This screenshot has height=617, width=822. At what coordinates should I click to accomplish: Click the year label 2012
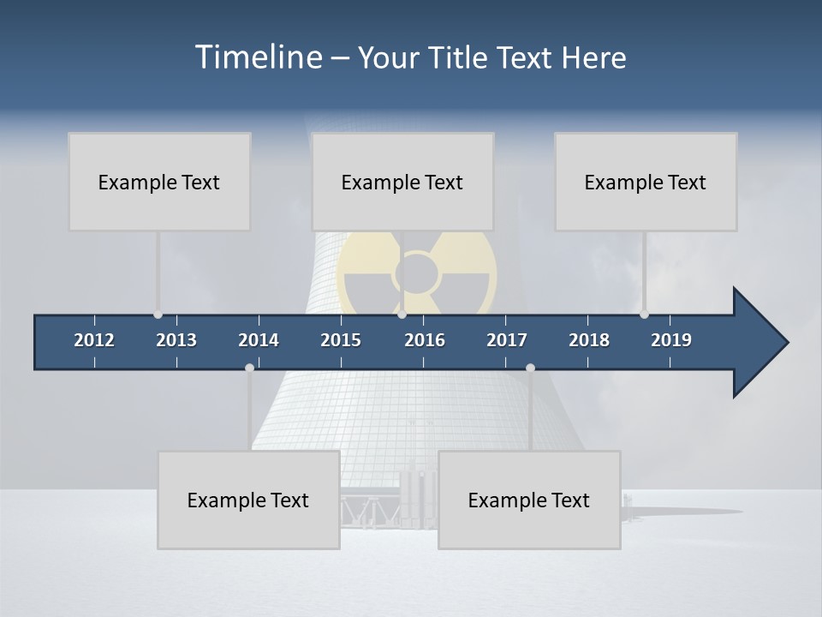tap(94, 340)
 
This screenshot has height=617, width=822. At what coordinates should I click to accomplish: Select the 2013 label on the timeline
tap(176, 340)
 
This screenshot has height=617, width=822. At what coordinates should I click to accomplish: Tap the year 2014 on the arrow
tap(259, 340)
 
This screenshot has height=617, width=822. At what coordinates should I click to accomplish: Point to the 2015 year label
tap(341, 340)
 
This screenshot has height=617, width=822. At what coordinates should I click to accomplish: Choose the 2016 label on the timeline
tap(425, 340)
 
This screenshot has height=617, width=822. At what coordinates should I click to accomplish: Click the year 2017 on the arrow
tap(507, 340)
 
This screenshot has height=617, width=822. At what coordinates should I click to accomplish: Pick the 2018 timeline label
tap(589, 340)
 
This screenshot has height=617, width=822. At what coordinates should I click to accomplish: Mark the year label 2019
tap(671, 340)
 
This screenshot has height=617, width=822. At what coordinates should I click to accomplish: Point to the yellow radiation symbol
tap(417, 273)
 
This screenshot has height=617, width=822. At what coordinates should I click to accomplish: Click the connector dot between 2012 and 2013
tap(158, 314)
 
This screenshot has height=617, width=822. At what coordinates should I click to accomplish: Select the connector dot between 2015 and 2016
tap(402, 314)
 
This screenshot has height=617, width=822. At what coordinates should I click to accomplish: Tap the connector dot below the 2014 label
tap(249, 368)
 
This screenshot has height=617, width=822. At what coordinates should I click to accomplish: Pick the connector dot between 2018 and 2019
tap(644, 314)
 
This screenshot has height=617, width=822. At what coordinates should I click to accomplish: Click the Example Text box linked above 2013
tap(159, 182)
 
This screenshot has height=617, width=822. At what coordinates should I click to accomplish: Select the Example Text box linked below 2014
tap(248, 500)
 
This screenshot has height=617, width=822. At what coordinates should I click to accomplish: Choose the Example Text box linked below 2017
tap(529, 500)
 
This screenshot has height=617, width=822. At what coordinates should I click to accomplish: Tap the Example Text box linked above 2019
tap(646, 182)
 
